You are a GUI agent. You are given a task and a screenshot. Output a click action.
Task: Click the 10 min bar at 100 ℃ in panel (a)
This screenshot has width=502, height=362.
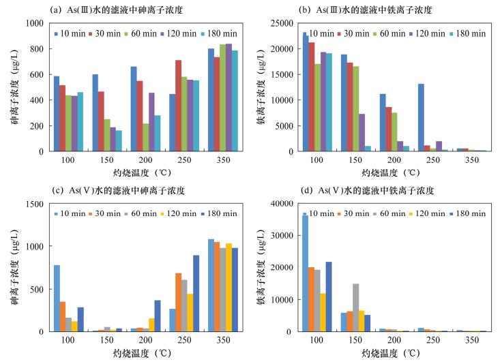coord(57,113)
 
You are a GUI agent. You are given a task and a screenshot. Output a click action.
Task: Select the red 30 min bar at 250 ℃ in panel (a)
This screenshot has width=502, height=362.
coord(179,106)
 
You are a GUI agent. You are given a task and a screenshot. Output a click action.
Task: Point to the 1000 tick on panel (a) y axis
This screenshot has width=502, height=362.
coord(32,23)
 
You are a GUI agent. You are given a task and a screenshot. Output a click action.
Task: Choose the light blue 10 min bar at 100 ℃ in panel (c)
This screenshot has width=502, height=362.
coord(57,298)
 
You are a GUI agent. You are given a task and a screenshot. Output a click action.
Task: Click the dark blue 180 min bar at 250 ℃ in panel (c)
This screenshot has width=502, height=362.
coord(196,293)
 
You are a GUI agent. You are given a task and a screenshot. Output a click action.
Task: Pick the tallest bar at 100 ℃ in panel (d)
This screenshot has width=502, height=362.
coord(305,273)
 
